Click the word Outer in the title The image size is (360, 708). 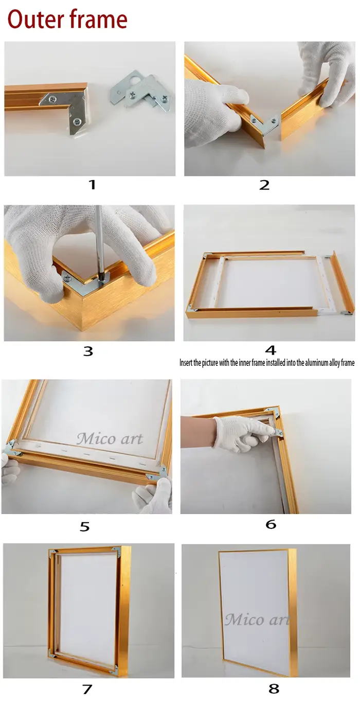pos(35,19)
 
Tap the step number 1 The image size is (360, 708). pos(92,185)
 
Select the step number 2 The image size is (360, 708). pos(264,185)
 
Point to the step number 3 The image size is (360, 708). pos(88,351)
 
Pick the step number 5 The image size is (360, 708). pos(85,526)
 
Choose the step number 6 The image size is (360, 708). pos(271,524)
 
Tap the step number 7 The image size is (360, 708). pos(87,689)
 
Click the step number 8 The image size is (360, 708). pos(274,688)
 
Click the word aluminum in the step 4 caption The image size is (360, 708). pos(317,363)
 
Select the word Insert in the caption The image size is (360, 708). pos(186,363)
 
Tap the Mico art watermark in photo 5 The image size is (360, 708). pos(110,439)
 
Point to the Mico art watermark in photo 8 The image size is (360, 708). pos(257,619)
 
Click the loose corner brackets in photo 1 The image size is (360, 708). pos(140,92)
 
